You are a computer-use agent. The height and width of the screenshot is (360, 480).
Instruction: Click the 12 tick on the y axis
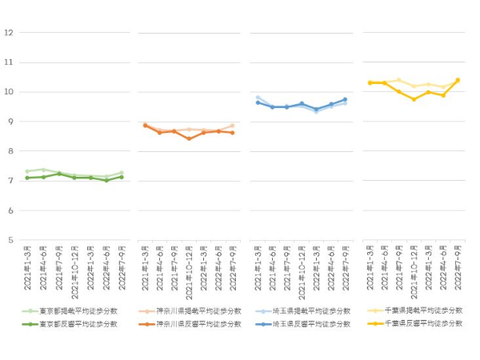(9, 33)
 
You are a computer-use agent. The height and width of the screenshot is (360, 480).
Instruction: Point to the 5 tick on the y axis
(9, 240)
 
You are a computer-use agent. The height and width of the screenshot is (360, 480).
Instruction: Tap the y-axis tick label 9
(9, 122)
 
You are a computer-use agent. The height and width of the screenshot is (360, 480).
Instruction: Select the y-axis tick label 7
(9, 181)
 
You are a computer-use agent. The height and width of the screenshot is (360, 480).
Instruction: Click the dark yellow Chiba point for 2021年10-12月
(414, 99)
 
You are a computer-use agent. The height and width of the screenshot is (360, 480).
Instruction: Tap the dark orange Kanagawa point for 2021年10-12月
(189, 138)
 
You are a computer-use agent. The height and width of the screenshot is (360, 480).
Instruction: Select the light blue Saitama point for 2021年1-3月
(258, 98)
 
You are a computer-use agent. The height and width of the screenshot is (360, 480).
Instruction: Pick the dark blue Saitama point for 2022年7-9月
(345, 100)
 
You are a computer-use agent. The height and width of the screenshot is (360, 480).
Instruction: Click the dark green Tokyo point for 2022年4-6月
(106, 180)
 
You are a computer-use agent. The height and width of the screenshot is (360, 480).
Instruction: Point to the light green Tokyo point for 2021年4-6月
(43, 170)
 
